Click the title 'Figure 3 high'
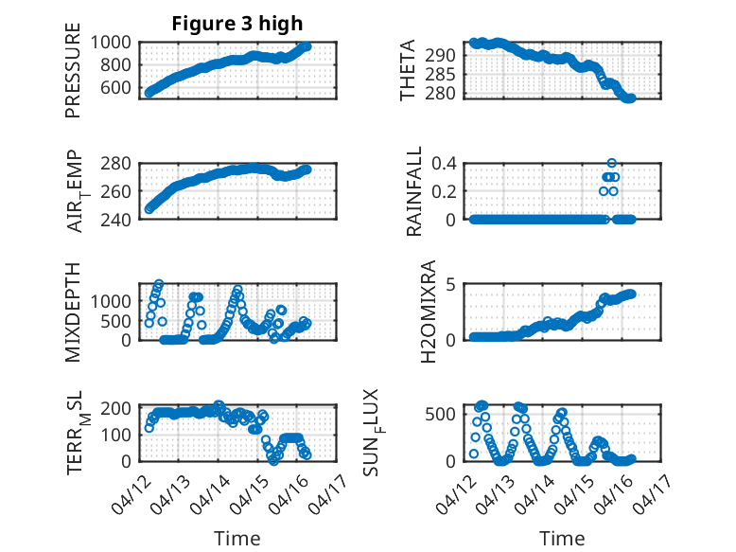(237, 24)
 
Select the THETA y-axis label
(408, 71)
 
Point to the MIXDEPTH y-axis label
(74, 312)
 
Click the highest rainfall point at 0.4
(612, 164)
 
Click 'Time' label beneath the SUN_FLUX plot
(562, 538)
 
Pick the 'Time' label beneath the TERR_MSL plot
(237, 538)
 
